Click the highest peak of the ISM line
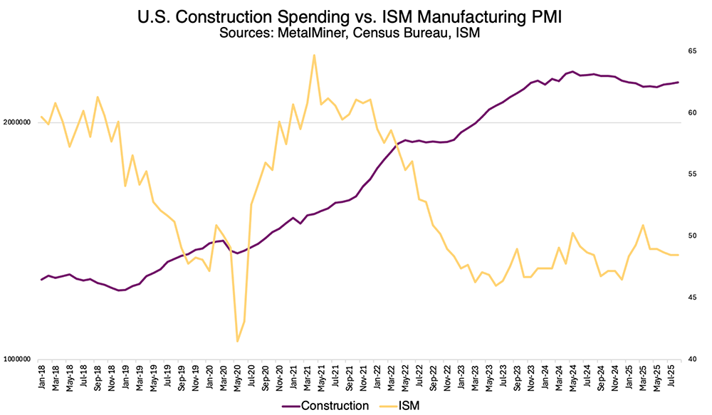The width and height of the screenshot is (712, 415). tap(314, 55)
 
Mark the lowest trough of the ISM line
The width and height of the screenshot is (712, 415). tap(237, 342)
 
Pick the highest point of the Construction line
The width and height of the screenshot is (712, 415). tap(573, 71)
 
